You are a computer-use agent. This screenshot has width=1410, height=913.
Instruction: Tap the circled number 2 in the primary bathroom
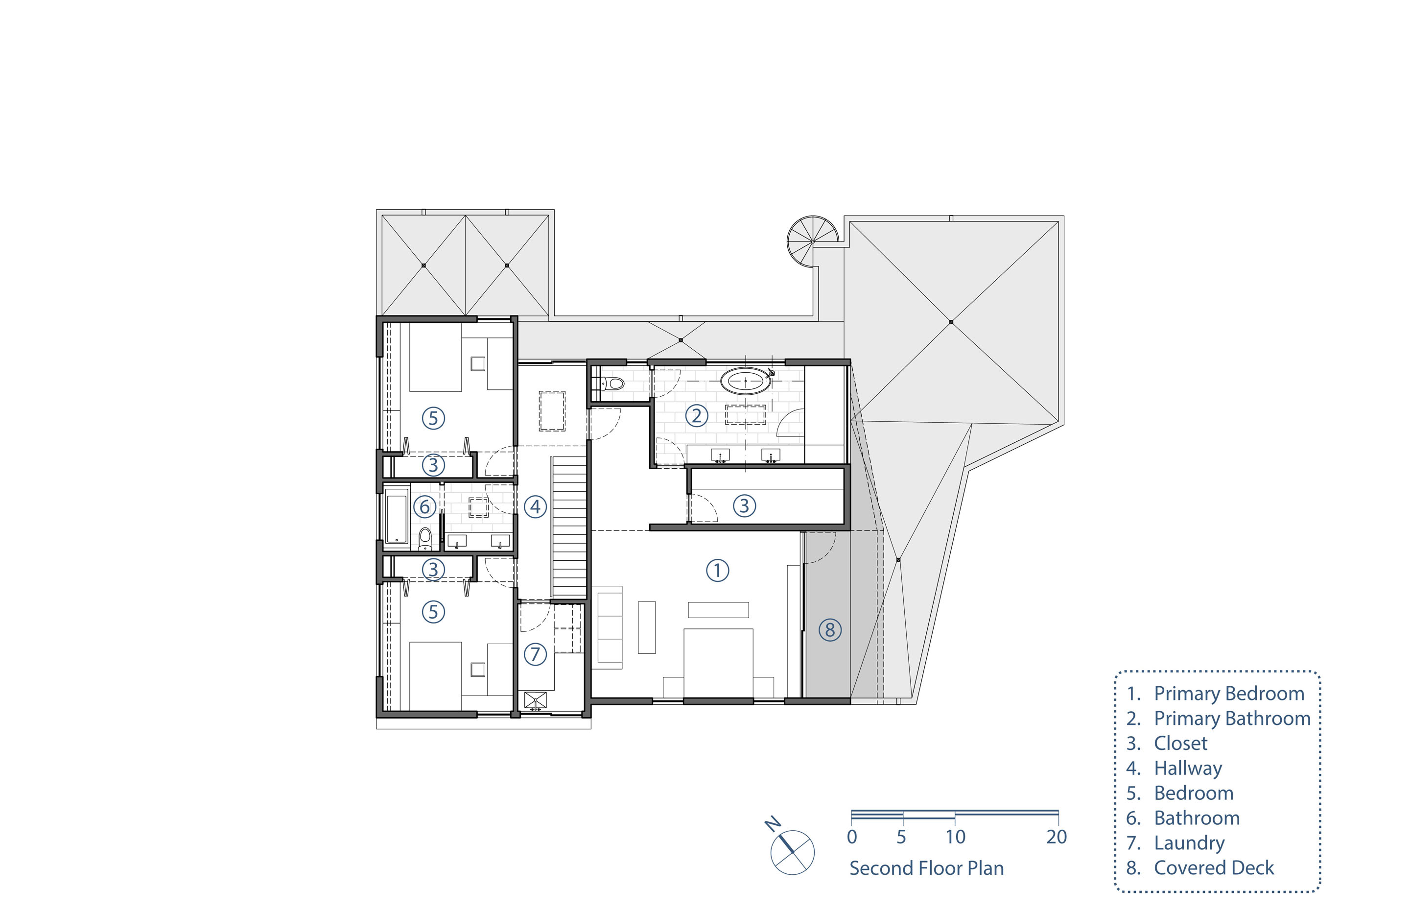(697, 415)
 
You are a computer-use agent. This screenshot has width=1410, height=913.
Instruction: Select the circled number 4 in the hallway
(535, 507)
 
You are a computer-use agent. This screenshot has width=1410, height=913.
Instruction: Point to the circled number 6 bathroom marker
(424, 507)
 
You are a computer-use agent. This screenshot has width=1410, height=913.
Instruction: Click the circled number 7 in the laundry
(535, 654)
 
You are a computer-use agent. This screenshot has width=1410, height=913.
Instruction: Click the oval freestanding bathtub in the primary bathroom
(745, 381)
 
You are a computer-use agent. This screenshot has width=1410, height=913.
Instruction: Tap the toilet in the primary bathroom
(612, 384)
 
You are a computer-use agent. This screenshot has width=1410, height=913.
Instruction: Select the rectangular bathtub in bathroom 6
(397, 516)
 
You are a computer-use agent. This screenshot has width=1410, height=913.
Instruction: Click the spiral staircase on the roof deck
(813, 241)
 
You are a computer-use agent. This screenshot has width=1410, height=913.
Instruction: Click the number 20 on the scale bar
(1057, 837)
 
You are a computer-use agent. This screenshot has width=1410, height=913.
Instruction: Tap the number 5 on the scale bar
(901, 837)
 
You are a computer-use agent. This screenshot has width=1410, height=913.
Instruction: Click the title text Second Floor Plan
(927, 868)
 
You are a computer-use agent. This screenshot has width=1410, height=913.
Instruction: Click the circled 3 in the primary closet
(744, 505)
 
